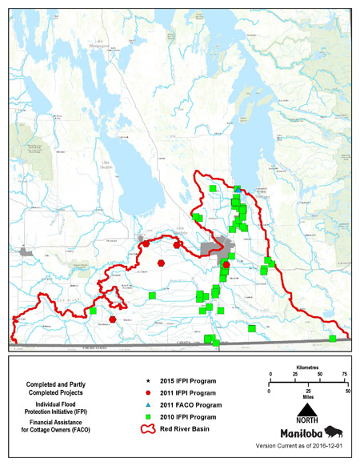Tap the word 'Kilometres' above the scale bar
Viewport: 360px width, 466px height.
(x=308, y=365)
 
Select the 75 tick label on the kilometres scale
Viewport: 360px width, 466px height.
(x=345, y=374)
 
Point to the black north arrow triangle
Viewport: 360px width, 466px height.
(x=308, y=409)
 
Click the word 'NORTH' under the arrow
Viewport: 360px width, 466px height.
(x=308, y=422)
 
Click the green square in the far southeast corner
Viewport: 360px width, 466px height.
(x=332, y=339)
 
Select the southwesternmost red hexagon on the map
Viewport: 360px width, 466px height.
(x=113, y=319)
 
